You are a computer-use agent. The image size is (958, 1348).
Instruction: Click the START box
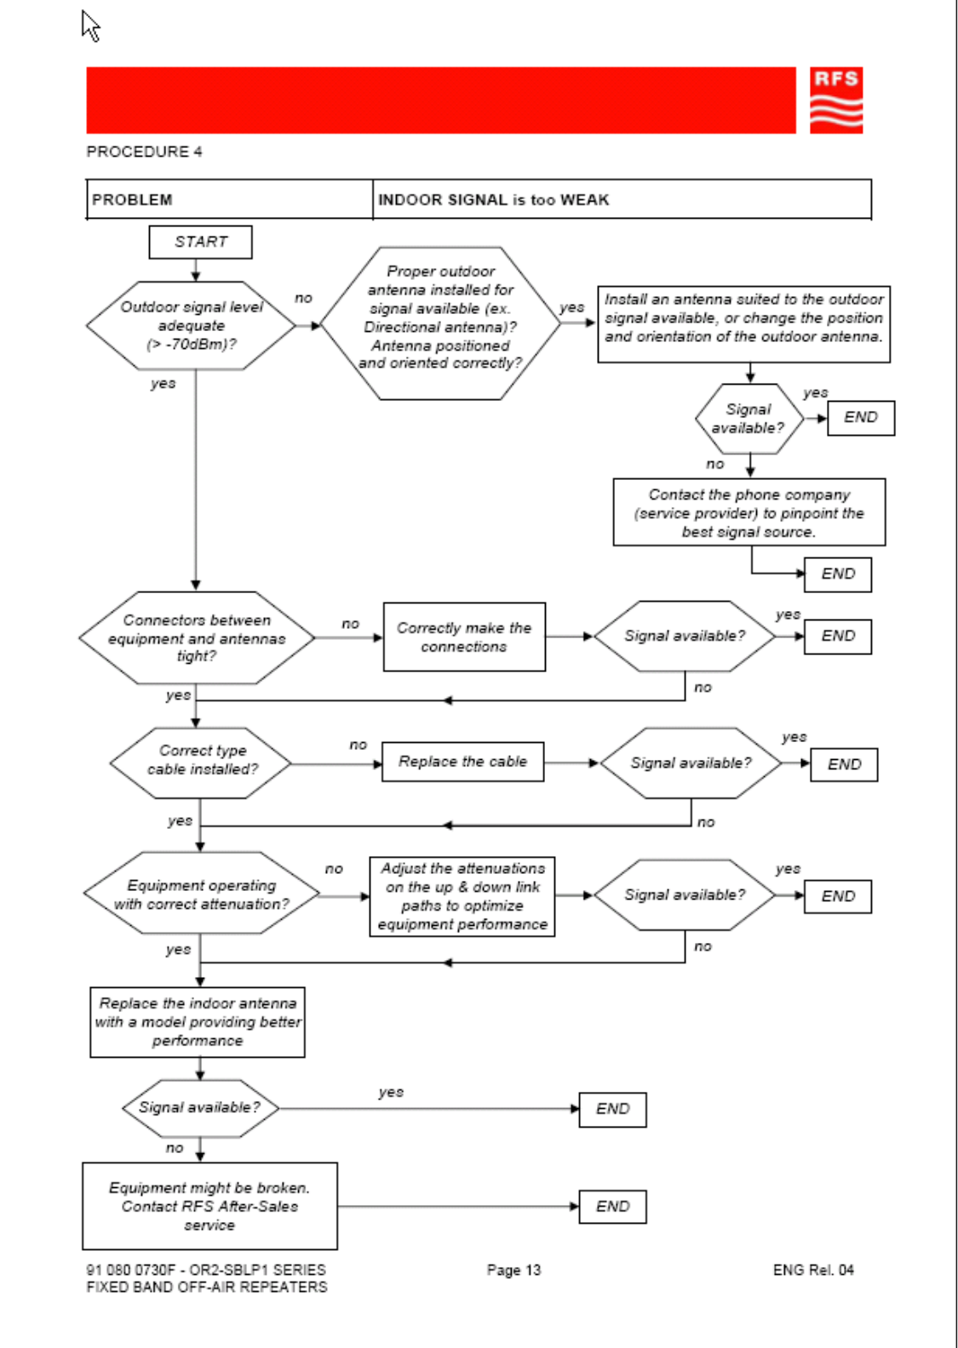click(200, 242)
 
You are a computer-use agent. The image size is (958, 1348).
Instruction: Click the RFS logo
click(835, 100)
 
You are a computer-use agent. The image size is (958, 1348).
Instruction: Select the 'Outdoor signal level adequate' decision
click(191, 326)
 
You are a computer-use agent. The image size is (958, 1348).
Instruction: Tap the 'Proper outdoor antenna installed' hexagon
click(440, 323)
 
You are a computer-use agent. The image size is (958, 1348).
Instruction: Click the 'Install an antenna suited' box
click(743, 324)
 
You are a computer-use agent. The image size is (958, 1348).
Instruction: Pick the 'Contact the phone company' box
click(749, 512)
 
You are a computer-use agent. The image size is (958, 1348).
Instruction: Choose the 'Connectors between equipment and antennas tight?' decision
click(197, 637)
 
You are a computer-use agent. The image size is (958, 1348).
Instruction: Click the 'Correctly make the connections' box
click(464, 637)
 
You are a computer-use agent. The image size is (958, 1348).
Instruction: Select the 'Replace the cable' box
click(462, 762)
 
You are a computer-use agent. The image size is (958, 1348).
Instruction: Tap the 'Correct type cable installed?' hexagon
click(200, 763)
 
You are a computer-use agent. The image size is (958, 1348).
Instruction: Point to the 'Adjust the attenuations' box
click(462, 896)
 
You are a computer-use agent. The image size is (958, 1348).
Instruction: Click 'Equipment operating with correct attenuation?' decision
click(201, 893)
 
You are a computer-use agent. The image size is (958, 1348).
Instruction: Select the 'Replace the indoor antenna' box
click(198, 1022)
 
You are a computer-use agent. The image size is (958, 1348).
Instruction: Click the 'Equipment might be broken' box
click(209, 1206)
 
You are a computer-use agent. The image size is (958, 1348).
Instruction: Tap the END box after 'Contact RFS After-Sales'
click(612, 1207)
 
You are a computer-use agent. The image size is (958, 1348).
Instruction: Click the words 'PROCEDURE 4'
click(144, 151)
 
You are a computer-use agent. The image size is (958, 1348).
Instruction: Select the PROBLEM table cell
click(229, 199)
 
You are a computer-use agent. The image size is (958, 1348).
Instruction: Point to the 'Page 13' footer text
click(513, 1270)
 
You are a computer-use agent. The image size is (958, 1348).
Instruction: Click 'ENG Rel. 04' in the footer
click(813, 1270)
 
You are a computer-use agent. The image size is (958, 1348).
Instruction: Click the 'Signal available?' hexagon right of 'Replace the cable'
click(691, 763)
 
